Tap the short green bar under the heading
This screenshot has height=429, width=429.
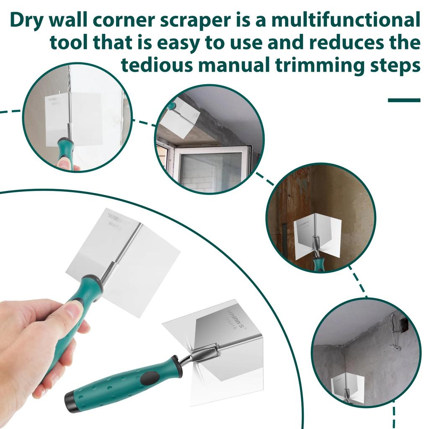click(404, 100)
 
